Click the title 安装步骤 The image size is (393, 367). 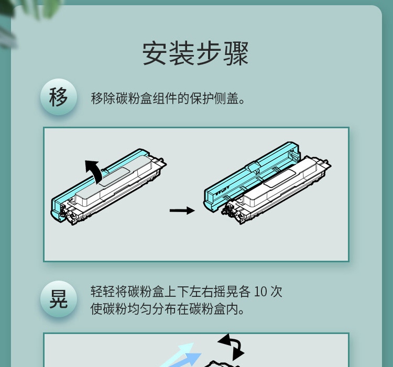tap(196, 53)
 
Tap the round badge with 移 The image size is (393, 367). tap(58, 97)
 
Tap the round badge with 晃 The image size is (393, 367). tap(58, 299)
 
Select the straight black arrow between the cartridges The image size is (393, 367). tap(182, 210)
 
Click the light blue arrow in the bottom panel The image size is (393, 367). tap(180, 355)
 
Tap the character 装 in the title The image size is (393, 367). tap(182, 53)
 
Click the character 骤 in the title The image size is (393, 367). tap(236, 53)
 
